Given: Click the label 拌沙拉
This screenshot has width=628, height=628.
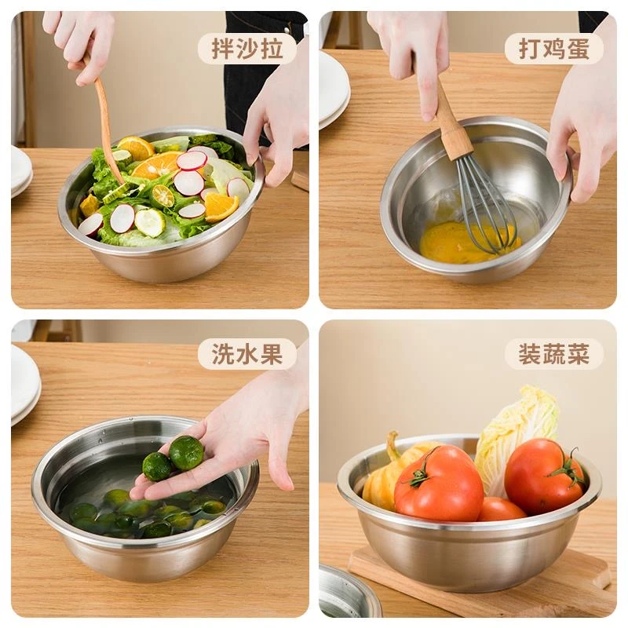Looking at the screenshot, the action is pyautogui.click(x=247, y=49).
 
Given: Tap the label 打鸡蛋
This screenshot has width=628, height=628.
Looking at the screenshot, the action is pyautogui.click(x=554, y=49).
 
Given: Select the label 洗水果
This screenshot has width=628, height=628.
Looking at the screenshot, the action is pyautogui.click(x=247, y=354).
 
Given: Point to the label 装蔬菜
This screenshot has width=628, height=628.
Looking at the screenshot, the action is pyautogui.click(x=554, y=354).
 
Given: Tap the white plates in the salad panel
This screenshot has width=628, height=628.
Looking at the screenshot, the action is pyautogui.click(x=20, y=171).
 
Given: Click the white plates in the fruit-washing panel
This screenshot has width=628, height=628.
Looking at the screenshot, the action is pyautogui.click(x=24, y=385).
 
